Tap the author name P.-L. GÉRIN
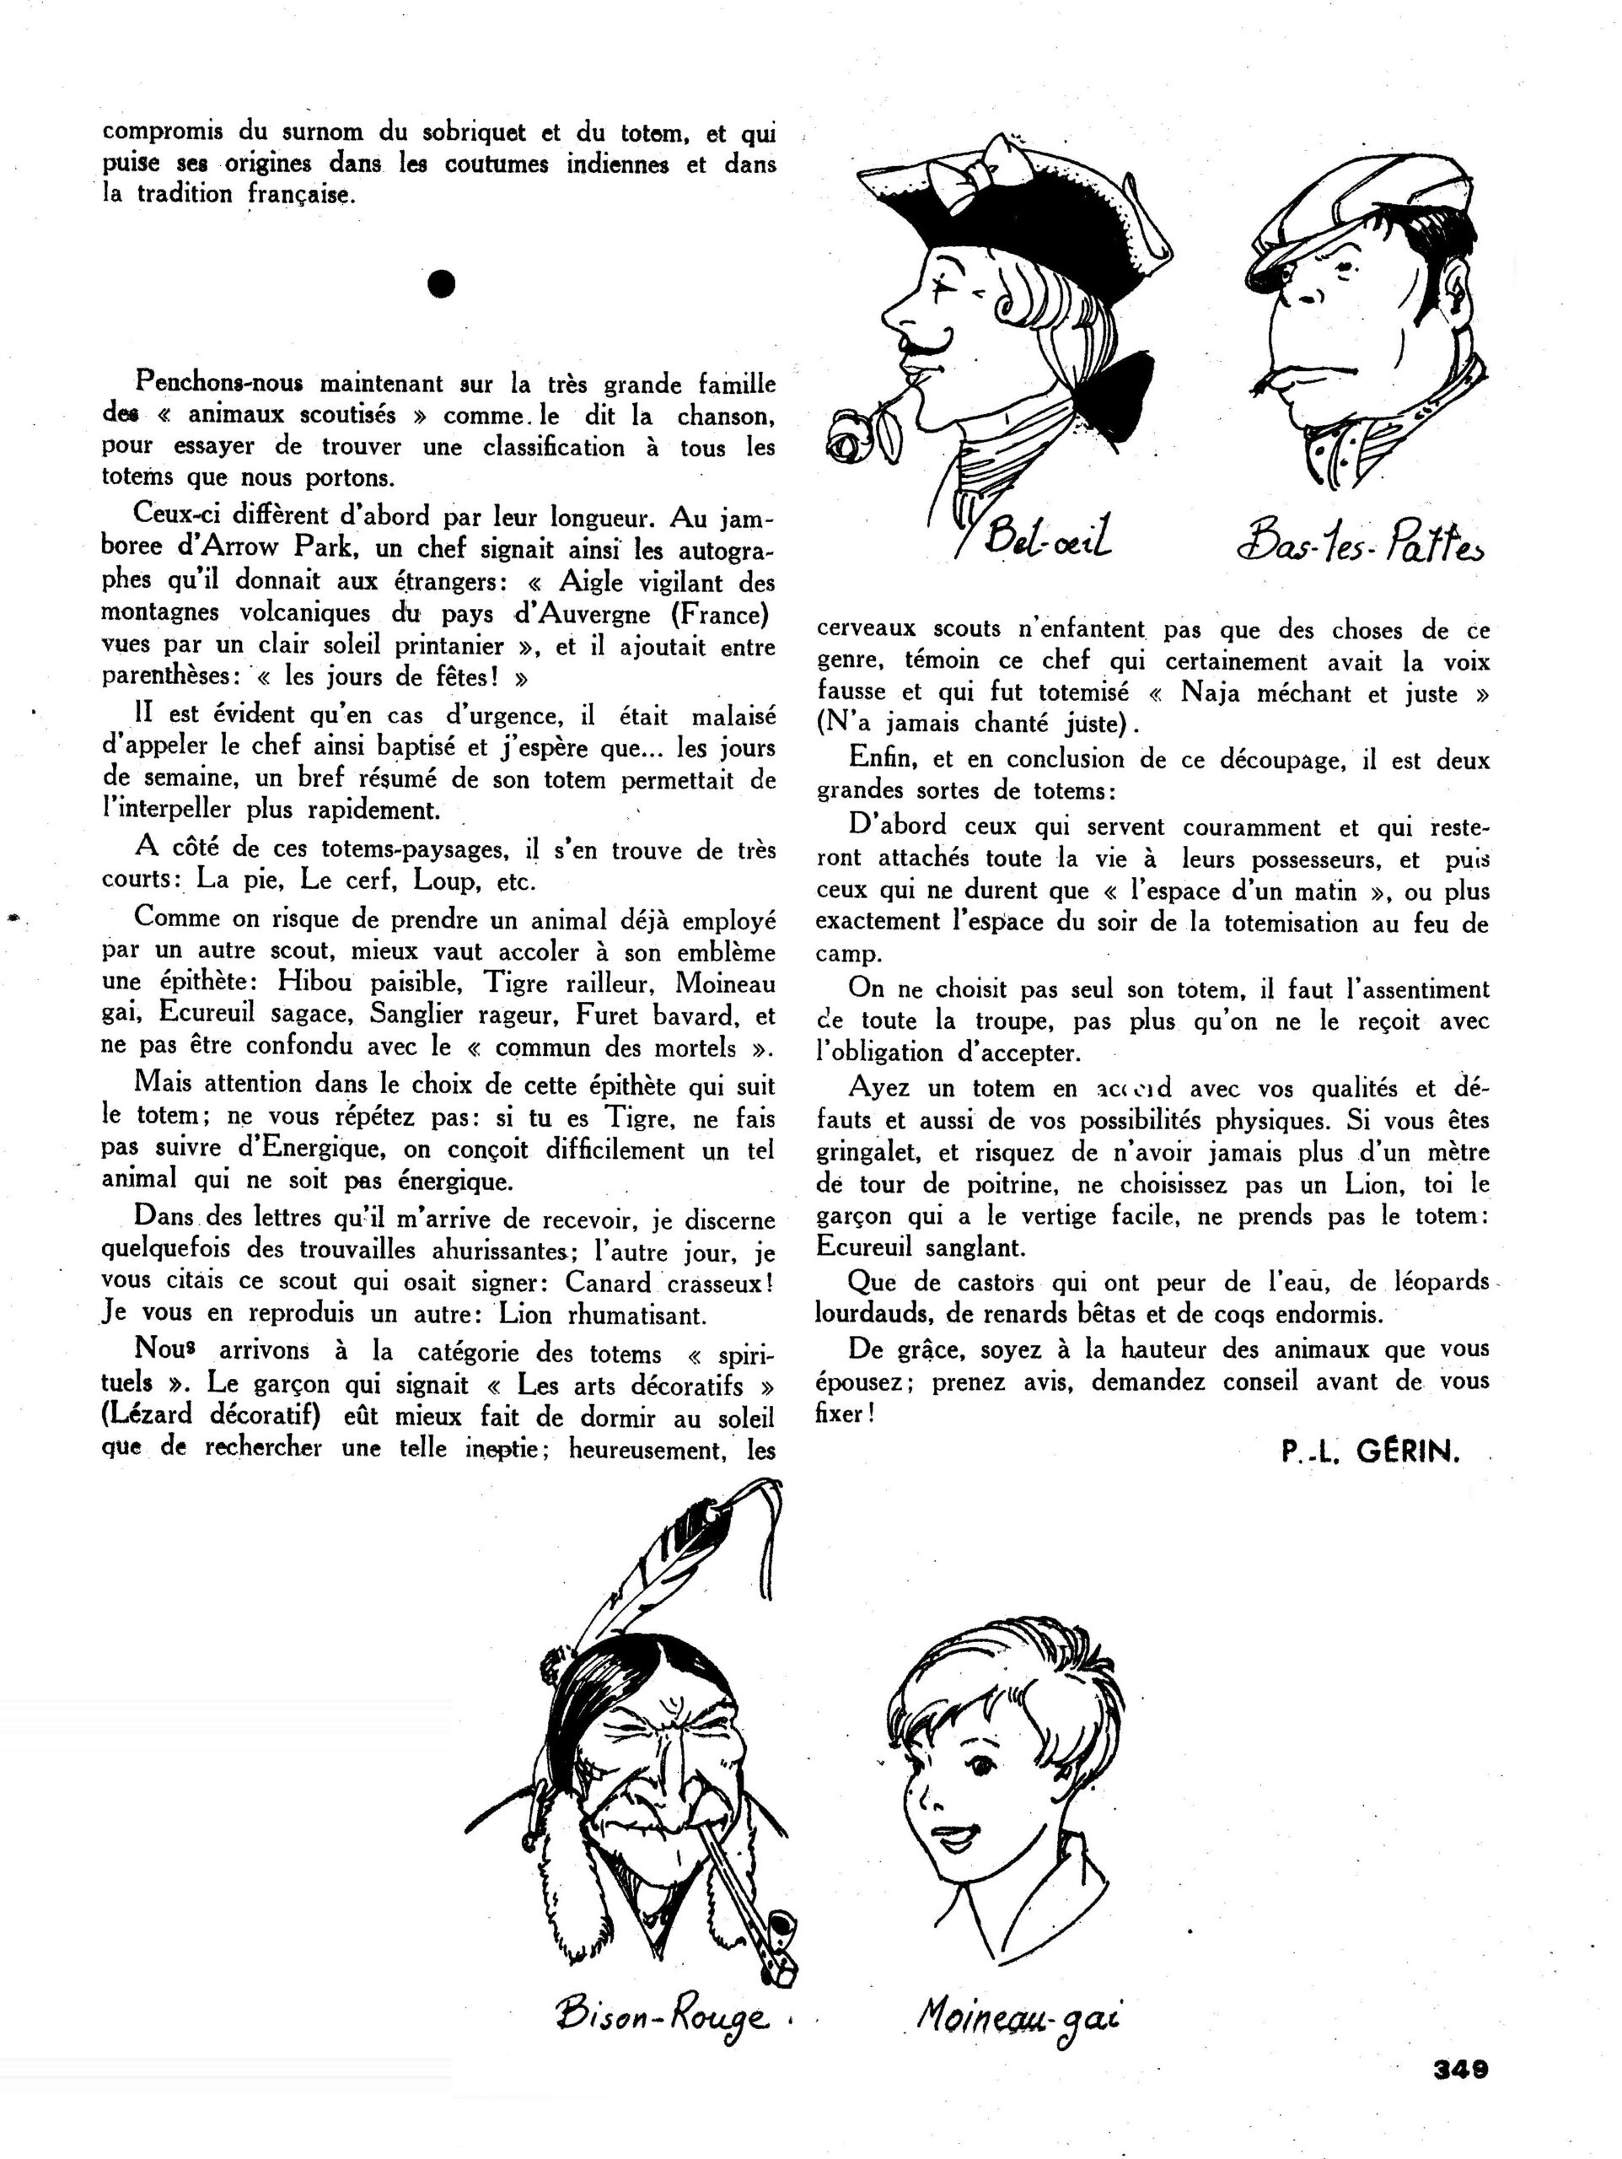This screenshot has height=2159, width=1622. tap(1370, 1452)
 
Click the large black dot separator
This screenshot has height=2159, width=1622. tap(441, 283)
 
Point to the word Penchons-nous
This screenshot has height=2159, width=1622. tap(221, 382)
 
